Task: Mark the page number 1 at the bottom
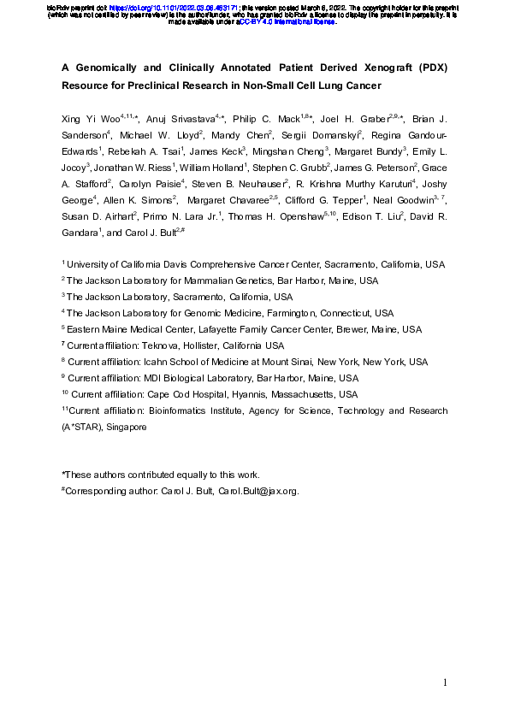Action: [445, 682]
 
